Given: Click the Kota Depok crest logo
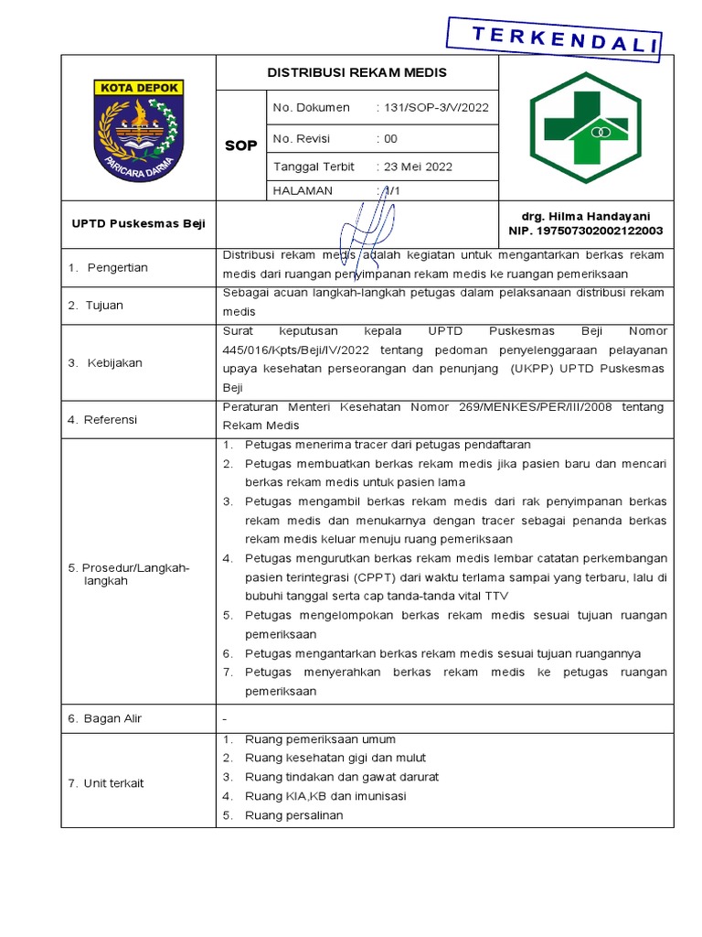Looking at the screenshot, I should (x=139, y=128).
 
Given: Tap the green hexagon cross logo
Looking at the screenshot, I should (x=586, y=127).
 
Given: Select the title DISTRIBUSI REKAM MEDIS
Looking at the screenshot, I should (x=356, y=72).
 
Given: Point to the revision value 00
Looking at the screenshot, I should (x=390, y=138).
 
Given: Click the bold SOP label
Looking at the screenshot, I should (x=240, y=145).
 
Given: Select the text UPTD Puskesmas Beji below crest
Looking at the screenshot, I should (x=139, y=223).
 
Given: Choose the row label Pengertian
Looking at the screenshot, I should (x=117, y=267).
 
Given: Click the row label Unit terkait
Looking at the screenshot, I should (x=113, y=782).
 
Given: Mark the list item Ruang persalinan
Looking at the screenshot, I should (x=293, y=814).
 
